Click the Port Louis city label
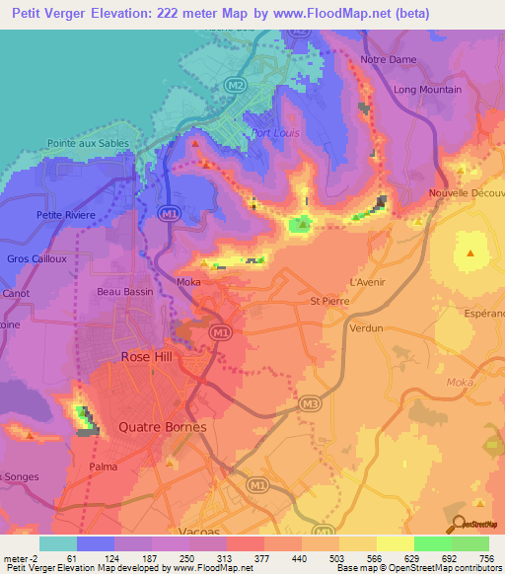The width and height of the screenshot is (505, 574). tap(272, 134)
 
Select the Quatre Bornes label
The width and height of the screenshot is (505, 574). tap(162, 427)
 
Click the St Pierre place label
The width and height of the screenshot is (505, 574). tap(329, 301)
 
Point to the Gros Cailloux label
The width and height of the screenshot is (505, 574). tap(36, 258)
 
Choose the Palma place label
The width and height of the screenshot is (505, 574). tap(103, 466)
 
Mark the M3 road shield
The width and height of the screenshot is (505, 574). tap(310, 403)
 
